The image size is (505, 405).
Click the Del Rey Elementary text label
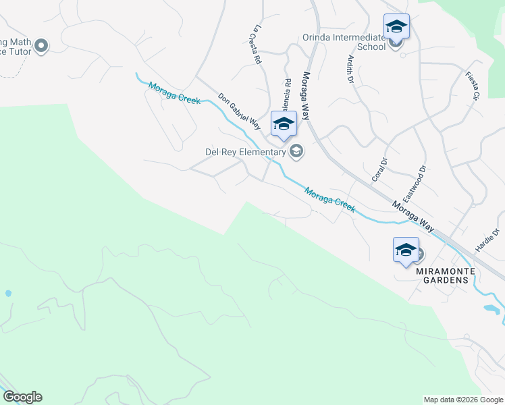pyautogui.click(x=246, y=152)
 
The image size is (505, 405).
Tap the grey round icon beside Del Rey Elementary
pyautogui.click(x=296, y=151)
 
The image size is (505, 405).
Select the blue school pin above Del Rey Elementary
pyautogui.click(x=284, y=124)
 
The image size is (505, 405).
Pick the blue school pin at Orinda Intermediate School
pyautogui.click(x=396, y=28)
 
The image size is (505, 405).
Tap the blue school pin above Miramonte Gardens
pyautogui.click(x=406, y=250)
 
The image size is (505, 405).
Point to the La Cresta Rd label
pyautogui.click(x=256, y=45)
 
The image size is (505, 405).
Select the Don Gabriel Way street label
pyautogui.click(x=239, y=112)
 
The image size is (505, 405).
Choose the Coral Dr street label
pyautogui.click(x=380, y=169)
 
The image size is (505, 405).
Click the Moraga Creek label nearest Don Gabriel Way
pyautogui.click(x=175, y=93)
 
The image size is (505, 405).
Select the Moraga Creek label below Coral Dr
pyautogui.click(x=329, y=200)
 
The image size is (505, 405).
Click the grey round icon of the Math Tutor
pyautogui.click(x=41, y=46)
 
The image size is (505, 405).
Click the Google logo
pyautogui.click(x=22, y=397)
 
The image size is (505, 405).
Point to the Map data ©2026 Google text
pyautogui.click(x=462, y=400)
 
